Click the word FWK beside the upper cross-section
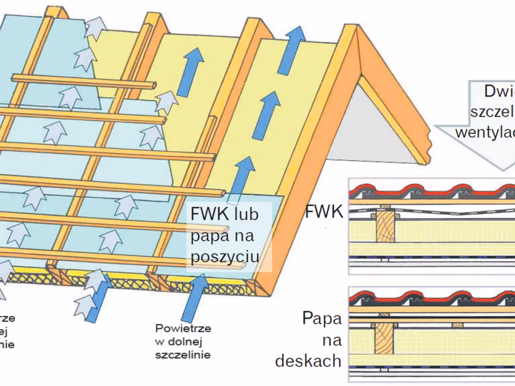click(324, 211)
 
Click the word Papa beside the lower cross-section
click(322, 319)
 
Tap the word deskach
click(309, 361)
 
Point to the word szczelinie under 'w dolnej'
click(183, 356)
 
